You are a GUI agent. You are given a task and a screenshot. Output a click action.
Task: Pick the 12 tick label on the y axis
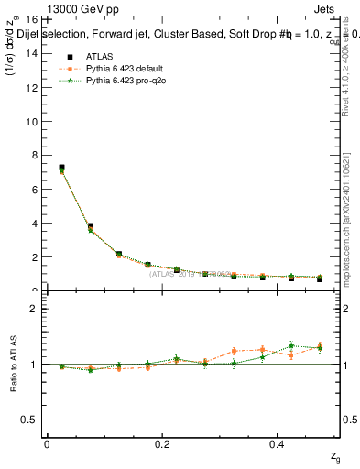[x=29, y=87]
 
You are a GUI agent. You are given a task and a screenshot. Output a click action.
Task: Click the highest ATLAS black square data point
[x=61, y=168]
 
